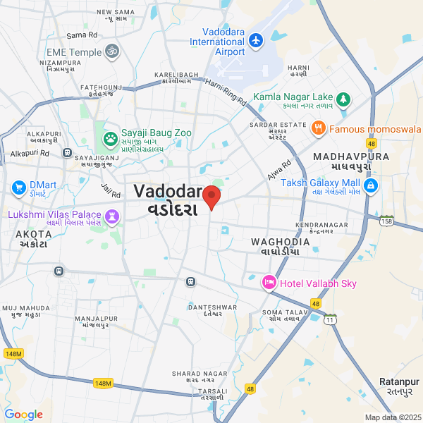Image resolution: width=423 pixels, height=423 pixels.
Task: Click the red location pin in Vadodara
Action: [x=211, y=197]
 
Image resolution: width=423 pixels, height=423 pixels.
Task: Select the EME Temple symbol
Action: [x=111, y=51]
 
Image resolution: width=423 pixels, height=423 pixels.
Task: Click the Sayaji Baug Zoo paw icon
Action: [x=110, y=138]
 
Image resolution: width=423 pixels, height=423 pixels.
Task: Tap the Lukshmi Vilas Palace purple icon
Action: [x=111, y=214]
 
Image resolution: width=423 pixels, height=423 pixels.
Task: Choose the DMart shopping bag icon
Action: [x=18, y=188]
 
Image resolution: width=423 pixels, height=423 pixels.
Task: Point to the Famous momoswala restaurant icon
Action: [x=319, y=128]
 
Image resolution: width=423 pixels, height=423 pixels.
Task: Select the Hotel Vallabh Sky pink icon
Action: [x=269, y=283]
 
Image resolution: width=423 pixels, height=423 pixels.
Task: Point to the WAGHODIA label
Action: [x=280, y=242]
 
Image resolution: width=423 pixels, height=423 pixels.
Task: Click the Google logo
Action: [x=24, y=414]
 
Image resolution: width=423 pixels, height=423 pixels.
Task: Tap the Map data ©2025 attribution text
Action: [x=393, y=417]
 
